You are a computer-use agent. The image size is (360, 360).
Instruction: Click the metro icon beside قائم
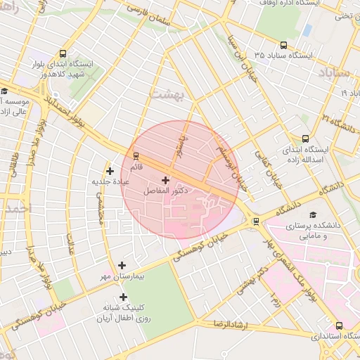click(x=136, y=156)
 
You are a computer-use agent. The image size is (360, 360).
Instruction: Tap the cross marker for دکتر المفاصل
click(x=165, y=180)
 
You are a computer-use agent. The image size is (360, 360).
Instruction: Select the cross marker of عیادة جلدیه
click(x=109, y=171)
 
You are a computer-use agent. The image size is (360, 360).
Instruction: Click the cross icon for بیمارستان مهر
click(x=122, y=265)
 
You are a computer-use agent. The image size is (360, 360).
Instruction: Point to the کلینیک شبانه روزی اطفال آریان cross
click(x=123, y=297)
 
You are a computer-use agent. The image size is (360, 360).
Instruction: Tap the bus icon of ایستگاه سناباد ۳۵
click(x=283, y=44)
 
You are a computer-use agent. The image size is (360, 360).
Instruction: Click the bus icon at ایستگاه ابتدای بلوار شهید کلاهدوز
click(x=64, y=53)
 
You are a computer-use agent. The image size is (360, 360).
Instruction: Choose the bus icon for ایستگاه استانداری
click(x=340, y=326)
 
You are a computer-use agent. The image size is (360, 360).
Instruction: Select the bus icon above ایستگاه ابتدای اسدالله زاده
click(x=305, y=139)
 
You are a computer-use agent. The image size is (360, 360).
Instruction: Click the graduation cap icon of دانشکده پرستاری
click(x=312, y=215)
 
